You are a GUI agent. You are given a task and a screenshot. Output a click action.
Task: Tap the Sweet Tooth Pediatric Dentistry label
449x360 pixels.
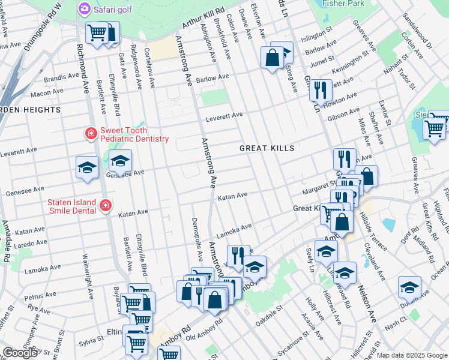point(134,134)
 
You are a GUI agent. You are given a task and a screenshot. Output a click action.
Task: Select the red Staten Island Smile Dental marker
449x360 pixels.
point(105,206)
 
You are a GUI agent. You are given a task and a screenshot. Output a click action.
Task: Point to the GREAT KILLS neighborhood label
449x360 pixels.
point(267,148)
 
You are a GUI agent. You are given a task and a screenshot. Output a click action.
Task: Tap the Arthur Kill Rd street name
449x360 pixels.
point(203,19)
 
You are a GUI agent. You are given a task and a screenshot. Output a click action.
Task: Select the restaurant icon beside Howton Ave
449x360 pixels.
point(321,90)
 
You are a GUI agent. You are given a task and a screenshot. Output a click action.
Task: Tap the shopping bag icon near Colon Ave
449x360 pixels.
point(272,58)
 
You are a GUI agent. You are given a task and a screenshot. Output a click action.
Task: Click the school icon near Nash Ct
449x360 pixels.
point(409,286)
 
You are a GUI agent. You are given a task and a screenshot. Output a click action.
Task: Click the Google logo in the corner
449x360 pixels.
point(20,353)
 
